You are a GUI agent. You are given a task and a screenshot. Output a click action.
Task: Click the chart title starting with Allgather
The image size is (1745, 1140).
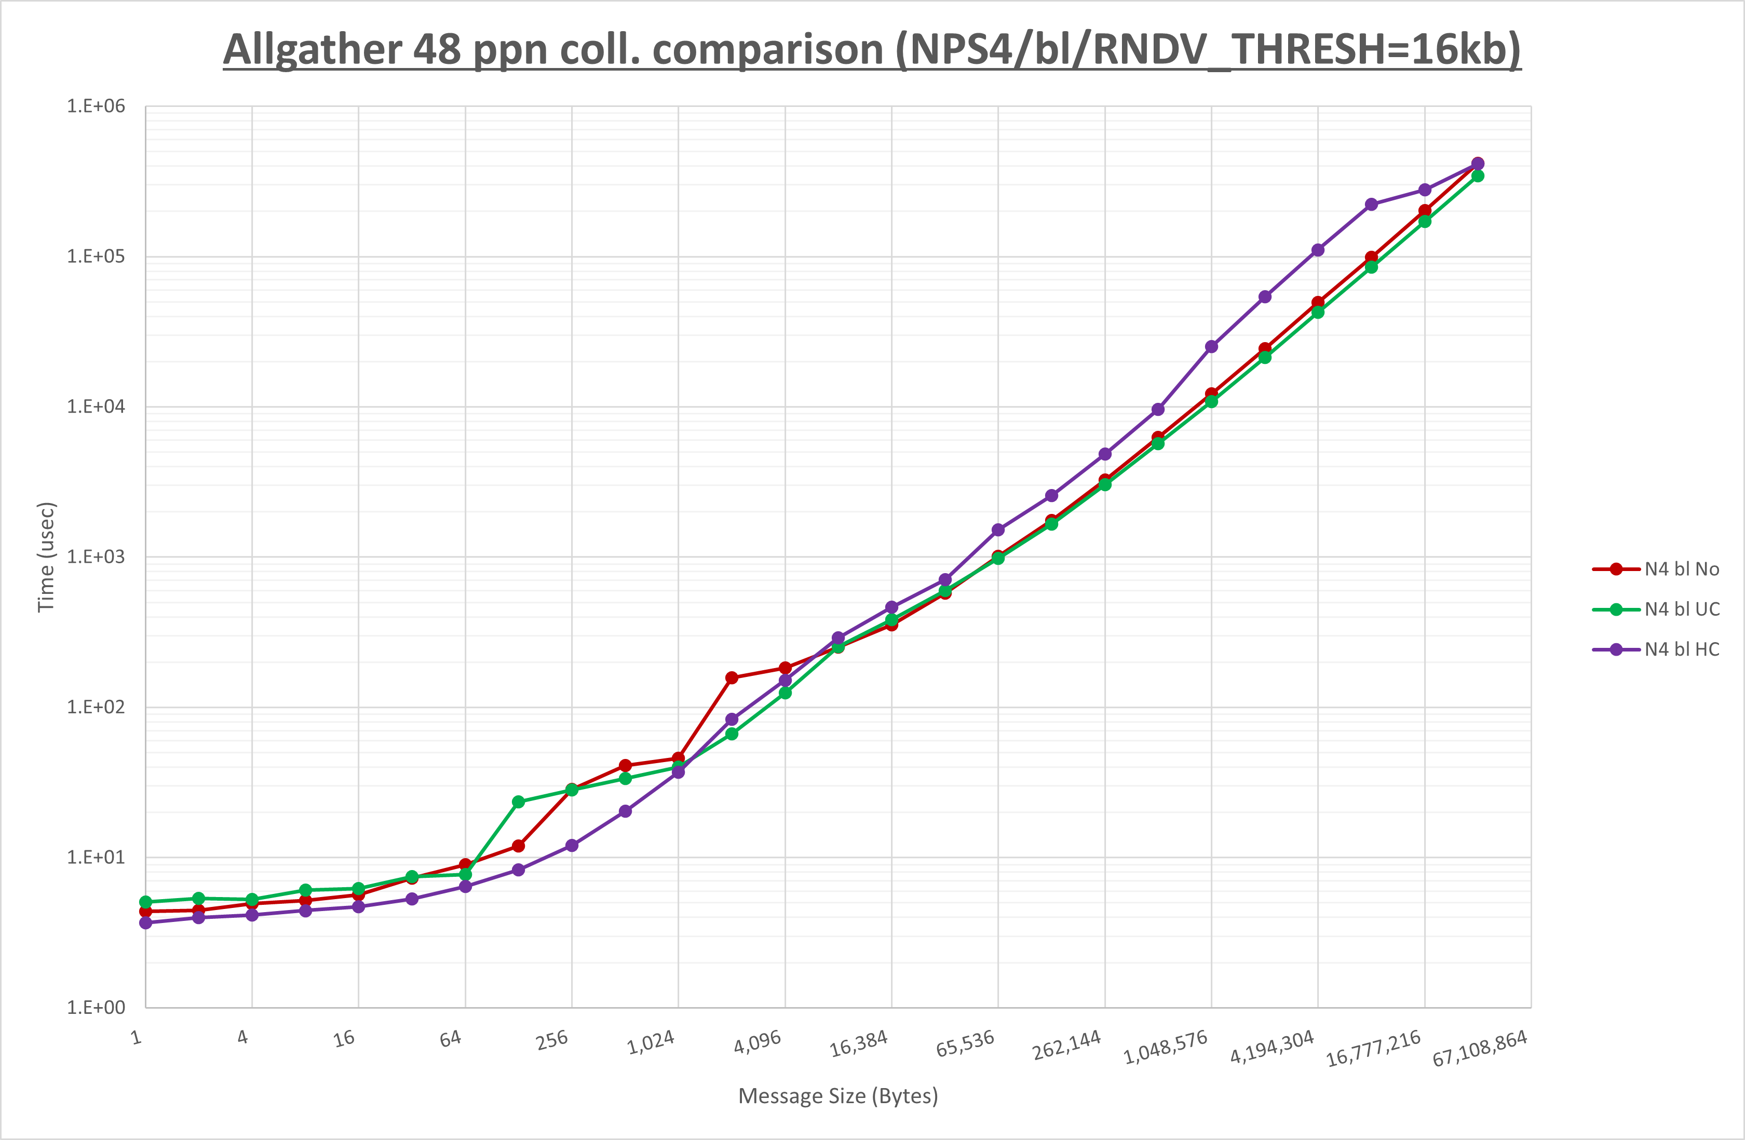[x=872, y=50]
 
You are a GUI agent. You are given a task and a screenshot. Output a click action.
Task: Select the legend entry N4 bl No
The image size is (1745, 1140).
[x=1681, y=569]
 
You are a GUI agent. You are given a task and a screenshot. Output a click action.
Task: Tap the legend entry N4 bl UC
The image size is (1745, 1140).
[x=1681, y=609]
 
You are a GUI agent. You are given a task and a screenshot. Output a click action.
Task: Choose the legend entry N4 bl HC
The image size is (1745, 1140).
[x=1681, y=649]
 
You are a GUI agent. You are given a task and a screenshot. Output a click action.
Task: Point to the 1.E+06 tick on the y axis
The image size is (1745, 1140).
[x=96, y=106]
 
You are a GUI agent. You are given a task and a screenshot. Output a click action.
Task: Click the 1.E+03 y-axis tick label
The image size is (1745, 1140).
[x=96, y=557]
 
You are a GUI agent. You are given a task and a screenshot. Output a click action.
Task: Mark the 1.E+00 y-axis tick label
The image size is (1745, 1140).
[x=96, y=1007]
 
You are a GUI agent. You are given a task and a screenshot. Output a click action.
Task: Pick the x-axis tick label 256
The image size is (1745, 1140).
[x=552, y=1040]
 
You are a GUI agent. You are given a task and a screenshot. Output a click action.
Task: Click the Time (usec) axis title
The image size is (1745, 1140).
[x=46, y=557]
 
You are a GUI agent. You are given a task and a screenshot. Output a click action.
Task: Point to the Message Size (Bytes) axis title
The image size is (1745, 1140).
[x=838, y=1096]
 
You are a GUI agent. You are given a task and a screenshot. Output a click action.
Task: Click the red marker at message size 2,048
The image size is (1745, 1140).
[x=732, y=677]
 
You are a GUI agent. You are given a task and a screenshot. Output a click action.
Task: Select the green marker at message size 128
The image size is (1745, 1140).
[x=518, y=802]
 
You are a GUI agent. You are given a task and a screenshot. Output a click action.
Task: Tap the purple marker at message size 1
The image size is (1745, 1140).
[x=146, y=922]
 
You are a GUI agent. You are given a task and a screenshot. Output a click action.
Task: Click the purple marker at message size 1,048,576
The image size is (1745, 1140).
[x=1211, y=347]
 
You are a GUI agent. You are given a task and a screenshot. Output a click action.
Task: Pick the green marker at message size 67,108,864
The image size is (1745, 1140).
[x=1478, y=176]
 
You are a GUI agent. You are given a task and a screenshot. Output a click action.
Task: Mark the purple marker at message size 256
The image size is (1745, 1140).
[x=572, y=845]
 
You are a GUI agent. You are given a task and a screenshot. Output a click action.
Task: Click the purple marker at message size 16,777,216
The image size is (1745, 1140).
[x=1425, y=190]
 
